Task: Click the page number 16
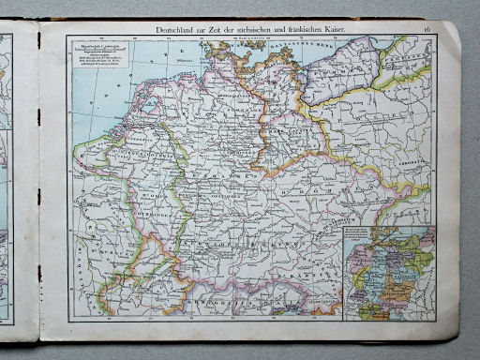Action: (427, 31)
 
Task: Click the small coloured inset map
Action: (388, 272)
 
